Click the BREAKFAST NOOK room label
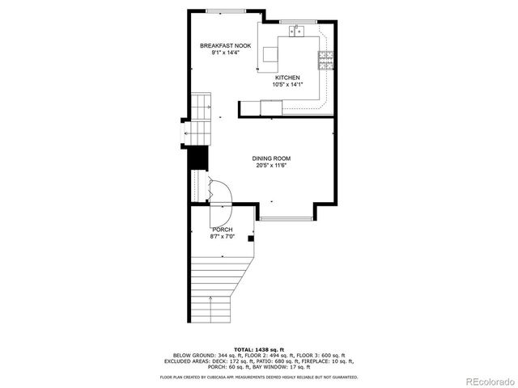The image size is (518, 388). pos(220,46)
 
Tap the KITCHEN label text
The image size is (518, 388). pos(287,78)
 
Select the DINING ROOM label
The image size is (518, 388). pos(271,158)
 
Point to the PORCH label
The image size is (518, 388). pos(222,230)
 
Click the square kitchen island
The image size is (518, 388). pos(269,56)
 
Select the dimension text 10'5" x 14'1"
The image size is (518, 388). pos(287,84)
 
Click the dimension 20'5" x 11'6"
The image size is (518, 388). pos(271,166)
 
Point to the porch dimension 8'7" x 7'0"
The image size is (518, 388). pos(222,236)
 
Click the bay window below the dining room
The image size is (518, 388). pos(287,219)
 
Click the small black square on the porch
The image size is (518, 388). pos(251,238)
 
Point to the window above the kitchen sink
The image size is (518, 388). pos(297,20)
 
